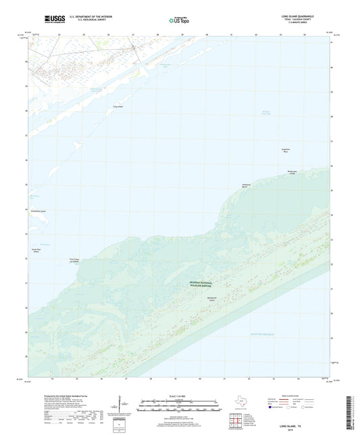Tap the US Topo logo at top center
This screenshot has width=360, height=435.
click(178, 20)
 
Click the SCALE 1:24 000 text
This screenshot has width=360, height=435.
click(180, 396)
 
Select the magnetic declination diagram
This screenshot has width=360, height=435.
click(119, 408)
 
